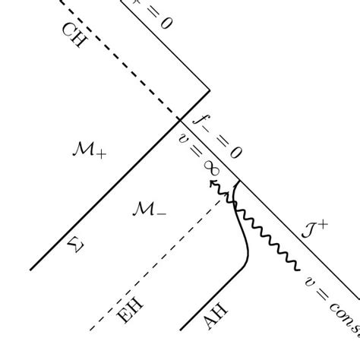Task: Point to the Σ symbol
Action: tap(73, 243)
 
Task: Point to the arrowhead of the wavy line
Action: tap(212, 183)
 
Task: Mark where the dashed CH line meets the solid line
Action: tap(179, 118)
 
